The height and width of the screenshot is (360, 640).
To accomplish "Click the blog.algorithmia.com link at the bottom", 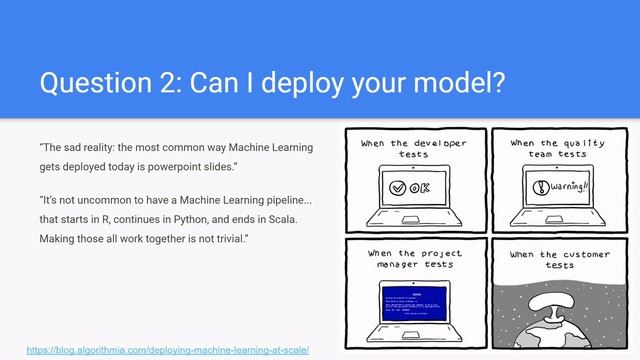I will (x=167, y=350).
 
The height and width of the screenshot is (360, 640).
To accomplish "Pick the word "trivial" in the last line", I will (x=218, y=239).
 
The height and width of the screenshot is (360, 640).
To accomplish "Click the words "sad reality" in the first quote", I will (x=91, y=148).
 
